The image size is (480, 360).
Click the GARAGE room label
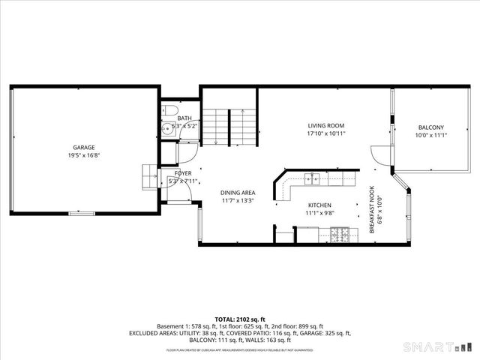[x=83, y=148]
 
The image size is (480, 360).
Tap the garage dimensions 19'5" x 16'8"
[x=83, y=156]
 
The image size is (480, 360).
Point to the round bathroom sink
[x=167, y=128]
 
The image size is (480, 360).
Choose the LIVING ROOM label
[x=325, y=126]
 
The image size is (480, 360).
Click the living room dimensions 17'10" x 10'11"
[x=325, y=134]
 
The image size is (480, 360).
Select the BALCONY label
[x=430, y=127]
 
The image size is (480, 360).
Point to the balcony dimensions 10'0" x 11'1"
[x=430, y=136]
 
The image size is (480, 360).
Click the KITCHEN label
[x=320, y=205]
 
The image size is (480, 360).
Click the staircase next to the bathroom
[x=229, y=125]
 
